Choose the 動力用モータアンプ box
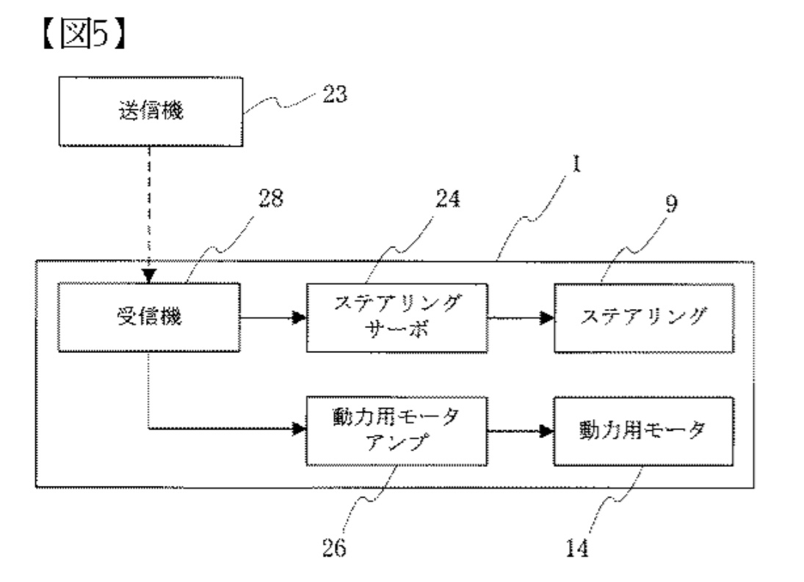click(396, 430)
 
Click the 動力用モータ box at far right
click(644, 430)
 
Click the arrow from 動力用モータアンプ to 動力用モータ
click(521, 431)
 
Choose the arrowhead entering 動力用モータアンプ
click(299, 430)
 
